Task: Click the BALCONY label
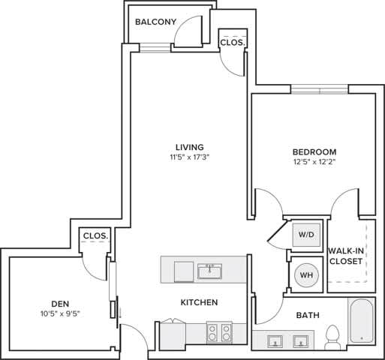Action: [155, 22]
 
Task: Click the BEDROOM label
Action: [314, 151]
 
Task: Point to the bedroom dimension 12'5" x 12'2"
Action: [314, 162]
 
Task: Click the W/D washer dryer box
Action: [306, 234]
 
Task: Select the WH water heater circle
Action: [306, 274]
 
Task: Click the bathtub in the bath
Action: [361, 322]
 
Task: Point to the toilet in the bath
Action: [332, 337]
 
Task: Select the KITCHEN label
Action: [199, 302]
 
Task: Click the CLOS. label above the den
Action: [95, 235]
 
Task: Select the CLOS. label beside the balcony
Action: [231, 43]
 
